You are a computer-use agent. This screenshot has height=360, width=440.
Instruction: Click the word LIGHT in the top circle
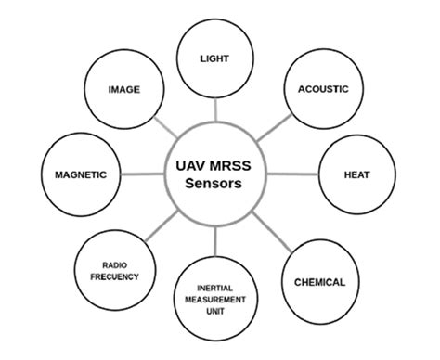[x=214, y=58]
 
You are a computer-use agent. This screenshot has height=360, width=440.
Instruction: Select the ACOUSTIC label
[x=322, y=89]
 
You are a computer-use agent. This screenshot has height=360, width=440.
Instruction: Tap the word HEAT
[x=357, y=174]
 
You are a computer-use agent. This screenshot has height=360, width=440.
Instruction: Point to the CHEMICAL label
[x=319, y=282]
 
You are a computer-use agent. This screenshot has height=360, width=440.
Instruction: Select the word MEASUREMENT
[x=214, y=300]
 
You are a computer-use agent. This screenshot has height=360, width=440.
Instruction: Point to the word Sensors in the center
[x=214, y=185]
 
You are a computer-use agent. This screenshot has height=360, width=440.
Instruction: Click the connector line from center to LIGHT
[x=214, y=111]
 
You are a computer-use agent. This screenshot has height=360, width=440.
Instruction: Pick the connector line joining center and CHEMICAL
[x=273, y=236]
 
